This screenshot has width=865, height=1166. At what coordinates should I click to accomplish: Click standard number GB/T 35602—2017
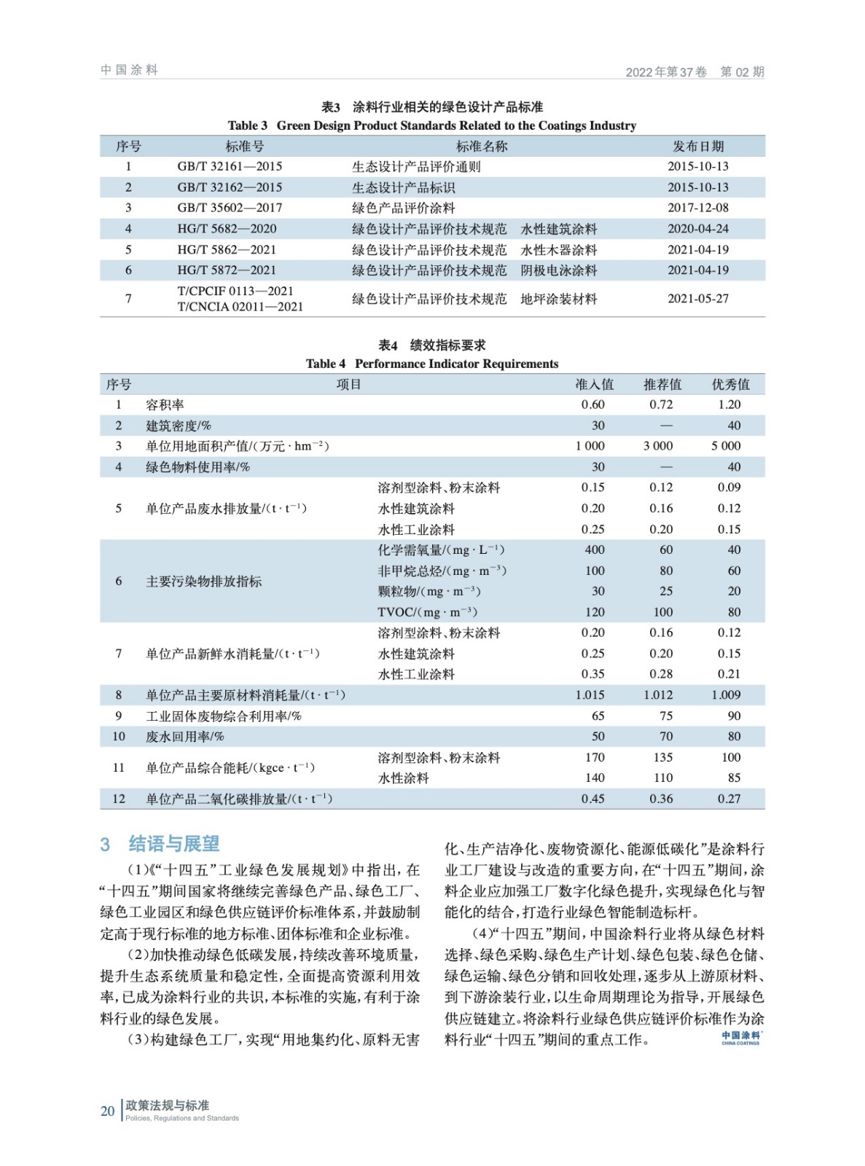pyautogui.click(x=230, y=208)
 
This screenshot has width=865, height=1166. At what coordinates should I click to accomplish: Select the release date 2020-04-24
pyautogui.click(x=697, y=229)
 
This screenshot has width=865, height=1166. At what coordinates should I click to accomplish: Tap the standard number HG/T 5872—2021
pyautogui.click(x=227, y=270)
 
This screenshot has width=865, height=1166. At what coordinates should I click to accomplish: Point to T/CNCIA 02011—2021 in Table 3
pyautogui.click(x=240, y=307)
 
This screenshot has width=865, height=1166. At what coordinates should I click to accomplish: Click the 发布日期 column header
pyautogui.click(x=697, y=146)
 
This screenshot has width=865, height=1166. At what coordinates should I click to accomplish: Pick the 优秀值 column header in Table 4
pyautogui.click(x=729, y=384)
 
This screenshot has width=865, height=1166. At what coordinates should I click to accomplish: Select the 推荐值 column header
pyautogui.click(x=662, y=384)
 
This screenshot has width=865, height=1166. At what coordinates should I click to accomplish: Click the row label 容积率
pyautogui.click(x=165, y=405)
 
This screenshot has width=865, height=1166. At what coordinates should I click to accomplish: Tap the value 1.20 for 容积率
pyautogui.click(x=729, y=405)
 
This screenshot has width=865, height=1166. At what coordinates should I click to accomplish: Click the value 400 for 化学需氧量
pyautogui.click(x=594, y=550)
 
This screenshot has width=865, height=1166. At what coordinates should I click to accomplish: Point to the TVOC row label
pyautogui.click(x=427, y=612)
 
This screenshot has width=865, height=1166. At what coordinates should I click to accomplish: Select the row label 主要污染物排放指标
pyautogui.click(x=203, y=582)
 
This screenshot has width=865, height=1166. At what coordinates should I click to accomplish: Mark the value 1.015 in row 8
pyautogui.click(x=590, y=695)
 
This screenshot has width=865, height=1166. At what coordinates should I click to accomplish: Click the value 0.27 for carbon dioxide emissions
pyautogui.click(x=729, y=799)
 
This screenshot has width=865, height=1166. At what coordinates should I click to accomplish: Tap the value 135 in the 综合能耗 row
pyautogui.click(x=662, y=758)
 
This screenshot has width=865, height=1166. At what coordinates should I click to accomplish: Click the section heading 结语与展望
pyautogui.click(x=173, y=844)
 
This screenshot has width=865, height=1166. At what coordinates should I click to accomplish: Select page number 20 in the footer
pyautogui.click(x=107, y=1111)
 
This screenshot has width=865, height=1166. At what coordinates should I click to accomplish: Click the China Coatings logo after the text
pyautogui.click(x=740, y=1038)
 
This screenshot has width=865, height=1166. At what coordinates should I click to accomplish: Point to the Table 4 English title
pyautogui.click(x=431, y=364)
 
